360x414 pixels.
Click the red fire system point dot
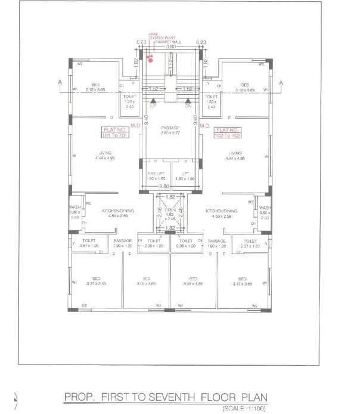pyautogui.click(x=151, y=60)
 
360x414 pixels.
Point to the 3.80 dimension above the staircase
pyautogui.click(x=170, y=47)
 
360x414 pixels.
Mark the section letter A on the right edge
pyautogui.click(x=281, y=83)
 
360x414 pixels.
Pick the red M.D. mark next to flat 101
pyautogui.click(x=136, y=126)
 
